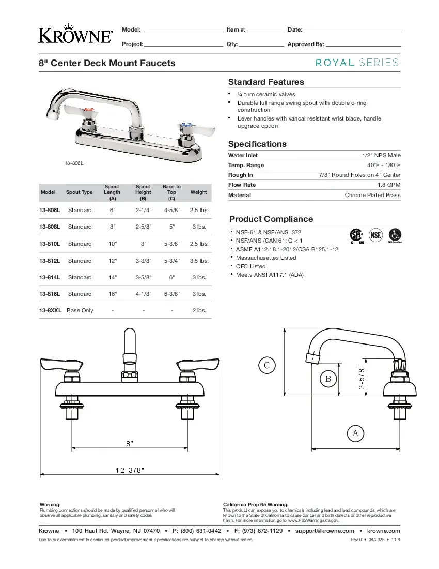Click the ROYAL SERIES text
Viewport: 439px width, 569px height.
[x=357, y=63]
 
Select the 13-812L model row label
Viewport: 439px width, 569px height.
[x=50, y=261]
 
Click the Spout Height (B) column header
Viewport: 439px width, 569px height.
[x=143, y=192]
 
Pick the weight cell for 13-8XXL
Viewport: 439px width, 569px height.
[x=199, y=310]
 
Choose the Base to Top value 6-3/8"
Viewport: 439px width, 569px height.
[x=171, y=294]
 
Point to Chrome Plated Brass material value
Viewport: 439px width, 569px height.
[x=372, y=195]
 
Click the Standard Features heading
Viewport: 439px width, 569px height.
[x=266, y=82]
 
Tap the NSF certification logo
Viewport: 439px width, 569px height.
[x=377, y=235]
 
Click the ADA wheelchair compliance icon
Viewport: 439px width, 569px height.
[x=395, y=234]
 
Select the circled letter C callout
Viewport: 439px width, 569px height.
[x=266, y=366]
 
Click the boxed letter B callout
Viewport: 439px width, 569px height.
[x=327, y=379]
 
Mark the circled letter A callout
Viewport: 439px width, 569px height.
[x=355, y=433]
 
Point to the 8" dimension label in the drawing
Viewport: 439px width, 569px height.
[x=130, y=443]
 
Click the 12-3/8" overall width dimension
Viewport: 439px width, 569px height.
[x=130, y=470]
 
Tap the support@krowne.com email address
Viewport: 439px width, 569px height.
[x=324, y=531]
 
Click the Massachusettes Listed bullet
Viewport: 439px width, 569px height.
[x=266, y=258]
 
